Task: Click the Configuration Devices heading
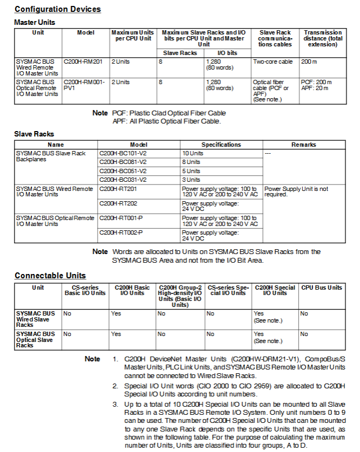(57, 9)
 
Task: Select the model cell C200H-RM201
(83, 62)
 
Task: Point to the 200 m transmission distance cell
(309, 62)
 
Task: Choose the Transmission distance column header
(323, 38)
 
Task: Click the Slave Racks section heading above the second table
(34, 134)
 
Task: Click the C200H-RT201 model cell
(114, 189)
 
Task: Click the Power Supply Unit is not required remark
(296, 191)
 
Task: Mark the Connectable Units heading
(50, 276)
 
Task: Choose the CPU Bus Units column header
(322, 287)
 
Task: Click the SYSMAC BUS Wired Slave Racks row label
(36, 319)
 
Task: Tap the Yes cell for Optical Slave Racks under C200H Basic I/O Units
(116, 334)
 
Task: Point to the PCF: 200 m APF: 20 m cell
(316, 85)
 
